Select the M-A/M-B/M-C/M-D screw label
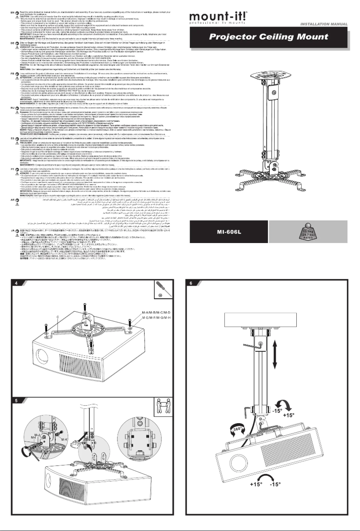(x=155, y=312)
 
